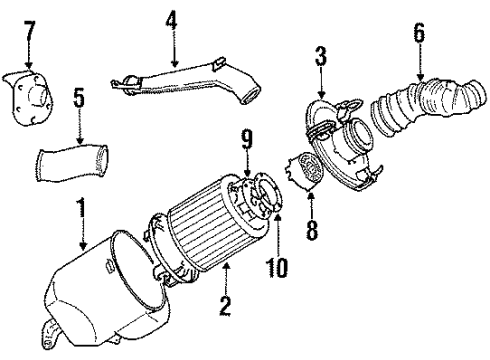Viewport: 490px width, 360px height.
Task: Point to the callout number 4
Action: [x=171, y=18]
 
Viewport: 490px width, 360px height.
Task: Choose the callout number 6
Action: [x=418, y=35]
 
